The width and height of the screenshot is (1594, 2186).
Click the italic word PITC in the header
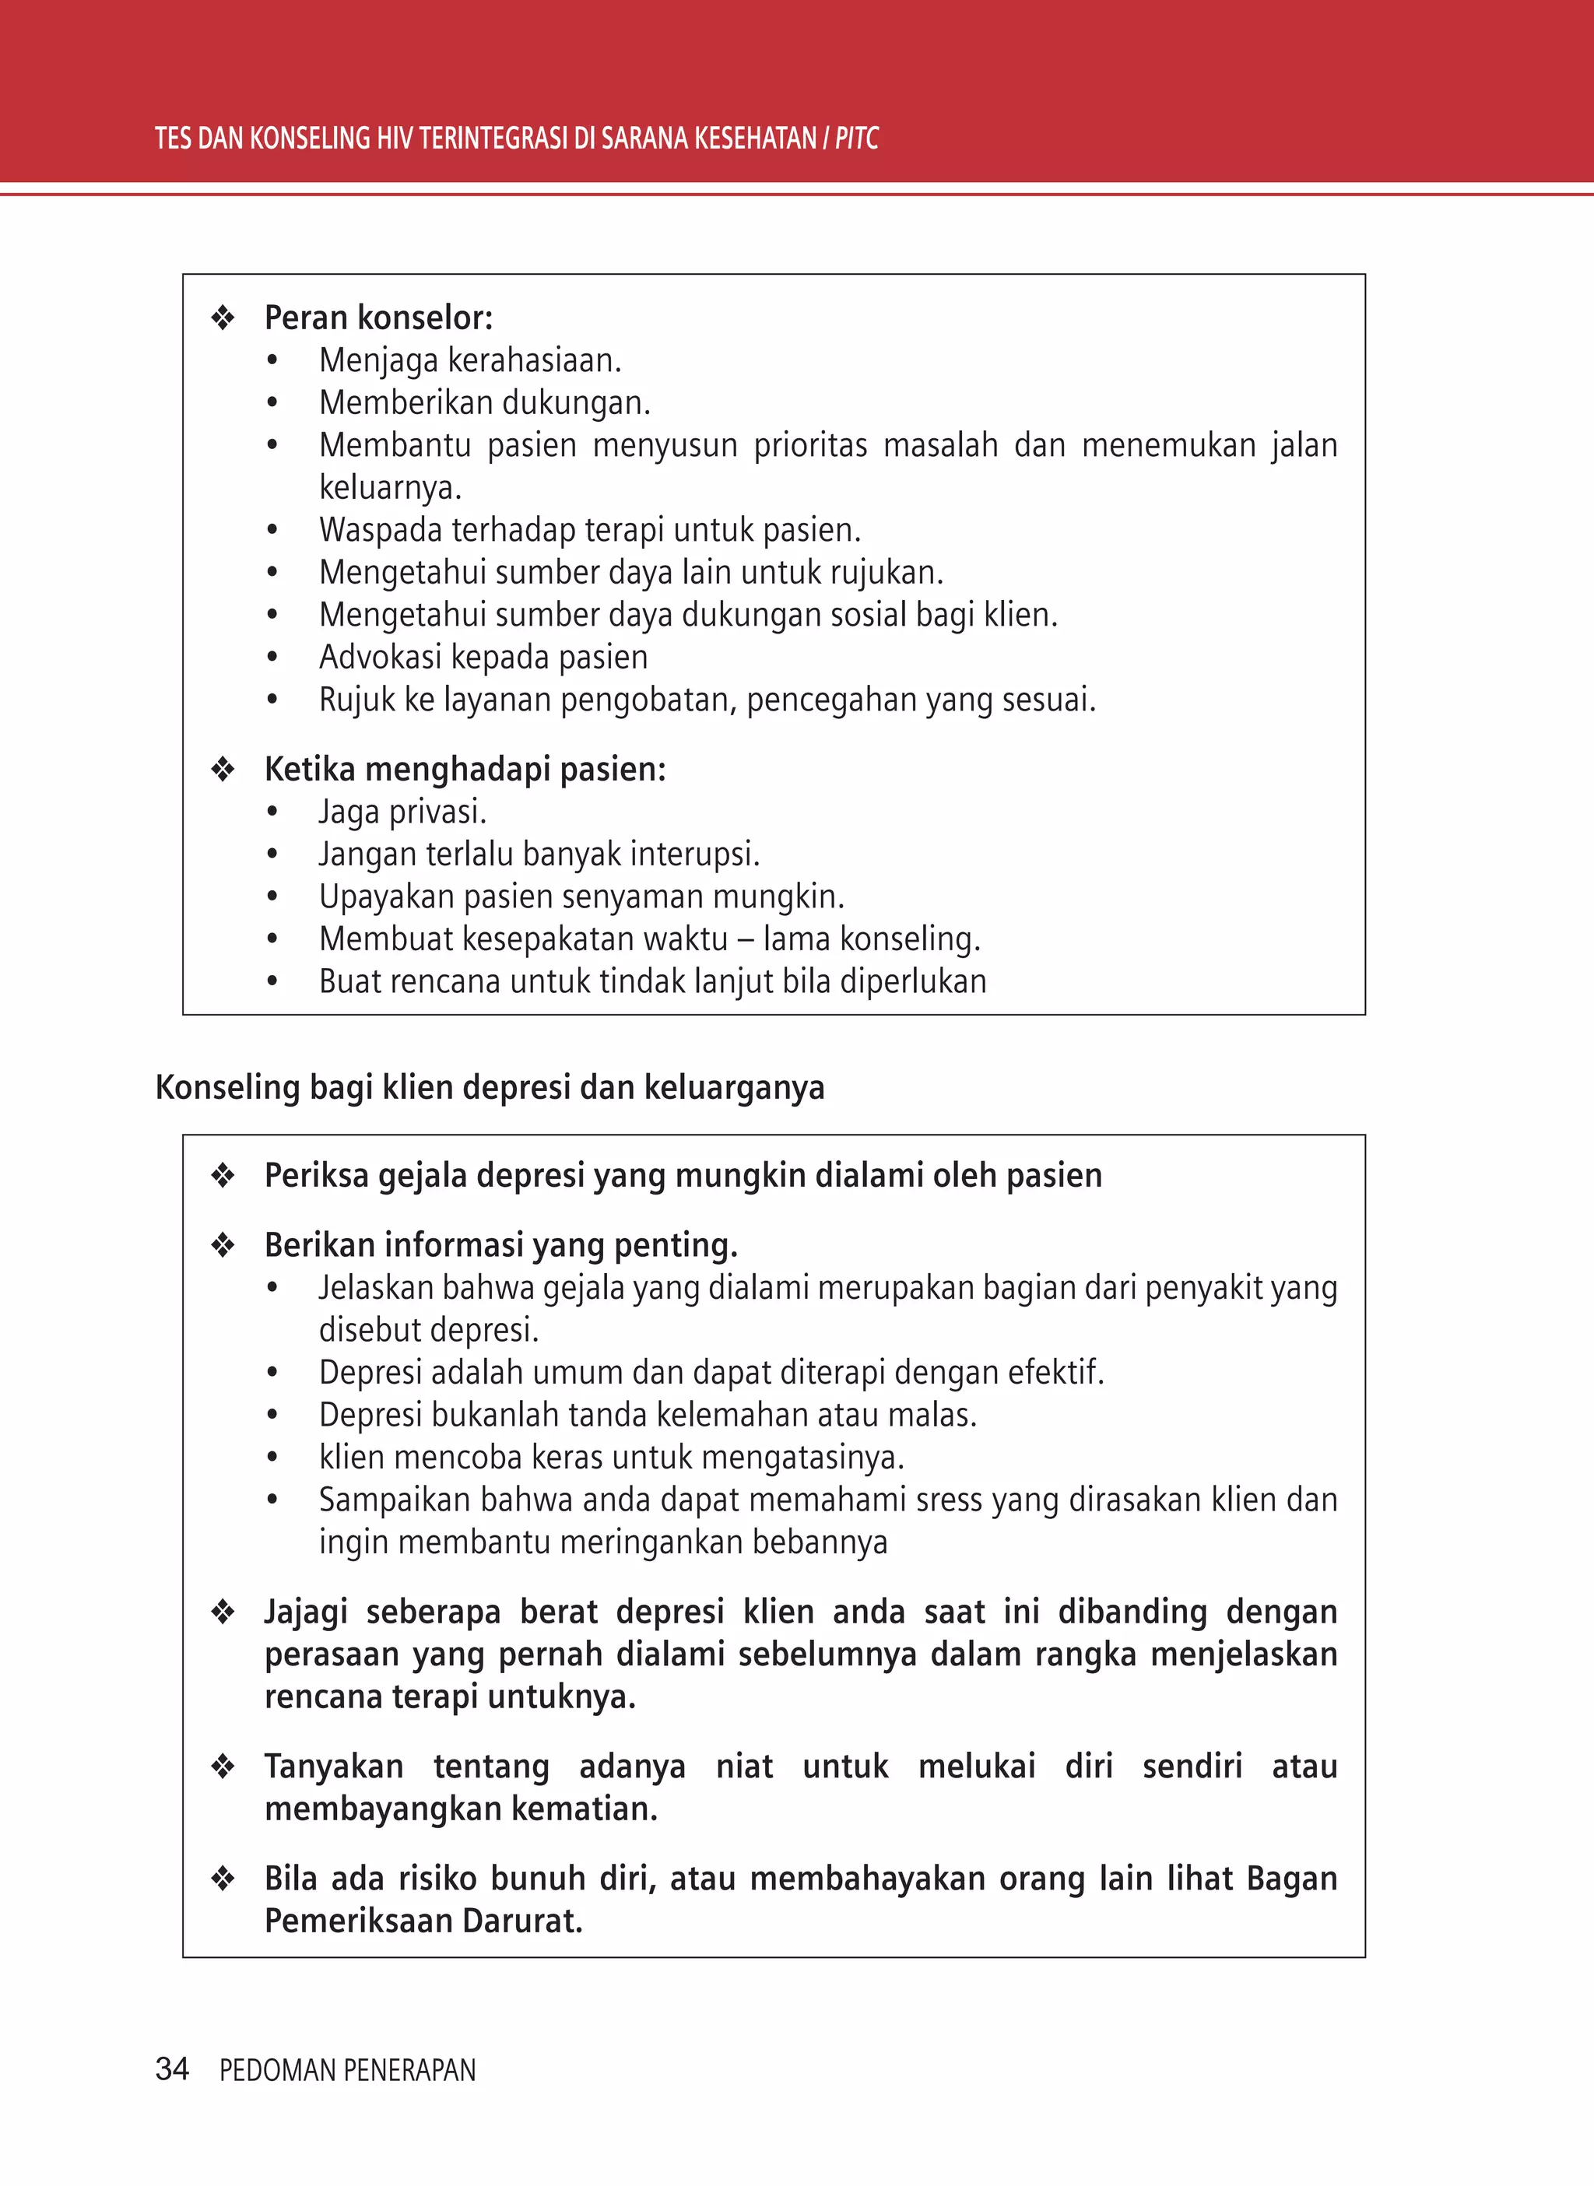[856, 139]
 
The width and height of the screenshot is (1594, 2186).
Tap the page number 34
[172, 2068]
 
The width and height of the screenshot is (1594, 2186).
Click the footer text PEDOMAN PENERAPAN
[347, 2070]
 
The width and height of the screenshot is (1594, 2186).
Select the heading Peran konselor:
[378, 318]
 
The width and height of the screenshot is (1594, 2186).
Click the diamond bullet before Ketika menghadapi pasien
[223, 769]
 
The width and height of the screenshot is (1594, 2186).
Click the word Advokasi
[380, 657]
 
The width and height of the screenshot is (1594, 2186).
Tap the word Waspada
[380, 530]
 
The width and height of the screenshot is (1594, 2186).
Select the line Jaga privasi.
[402, 812]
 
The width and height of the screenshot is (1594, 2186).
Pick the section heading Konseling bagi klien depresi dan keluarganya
[490, 1087]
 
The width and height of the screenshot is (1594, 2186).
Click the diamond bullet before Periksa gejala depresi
[223, 1175]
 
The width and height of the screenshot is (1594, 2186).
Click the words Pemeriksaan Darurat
[423, 1921]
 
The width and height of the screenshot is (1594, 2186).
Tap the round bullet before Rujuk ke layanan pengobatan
[272, 700]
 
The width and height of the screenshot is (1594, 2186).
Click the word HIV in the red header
[395, 139]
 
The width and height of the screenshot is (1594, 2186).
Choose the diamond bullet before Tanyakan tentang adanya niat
[223, 1767]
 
